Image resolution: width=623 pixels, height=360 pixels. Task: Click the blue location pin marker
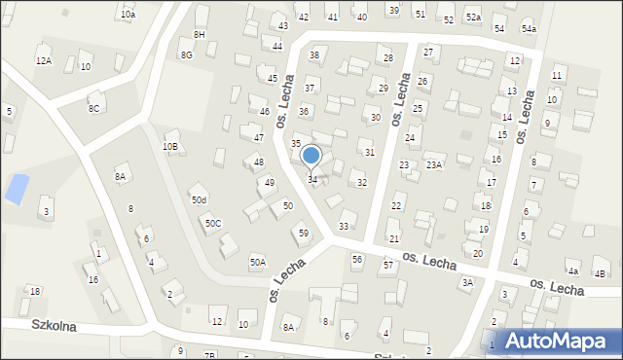pos(311,156)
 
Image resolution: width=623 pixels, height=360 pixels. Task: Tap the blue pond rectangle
pos(17,188)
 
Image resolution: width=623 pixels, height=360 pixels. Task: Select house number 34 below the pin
pos(312,180)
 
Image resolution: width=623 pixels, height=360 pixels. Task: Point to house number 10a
pos(128,15)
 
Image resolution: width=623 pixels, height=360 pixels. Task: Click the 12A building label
pos(43,60)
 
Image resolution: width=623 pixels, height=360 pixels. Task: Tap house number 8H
pos(200,35)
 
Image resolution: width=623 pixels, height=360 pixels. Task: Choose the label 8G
pos(186,55)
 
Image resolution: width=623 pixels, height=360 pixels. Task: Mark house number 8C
pos(94,108)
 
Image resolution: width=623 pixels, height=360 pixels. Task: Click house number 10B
pos(170,146)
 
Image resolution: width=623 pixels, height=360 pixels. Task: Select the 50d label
pos(199,199)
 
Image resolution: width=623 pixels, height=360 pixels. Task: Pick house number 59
pos(304,233)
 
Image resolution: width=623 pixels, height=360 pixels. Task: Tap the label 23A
pos(434,165)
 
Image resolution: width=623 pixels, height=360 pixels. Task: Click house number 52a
pos(473,18)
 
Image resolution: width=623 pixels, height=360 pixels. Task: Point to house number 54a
pos(529,29)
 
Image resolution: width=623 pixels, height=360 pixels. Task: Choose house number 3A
pos(467,282)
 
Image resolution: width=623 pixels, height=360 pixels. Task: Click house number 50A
pos(257,262)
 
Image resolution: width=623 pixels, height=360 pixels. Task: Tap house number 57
pos(387,266)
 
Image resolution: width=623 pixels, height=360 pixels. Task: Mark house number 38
pos(313,55)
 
